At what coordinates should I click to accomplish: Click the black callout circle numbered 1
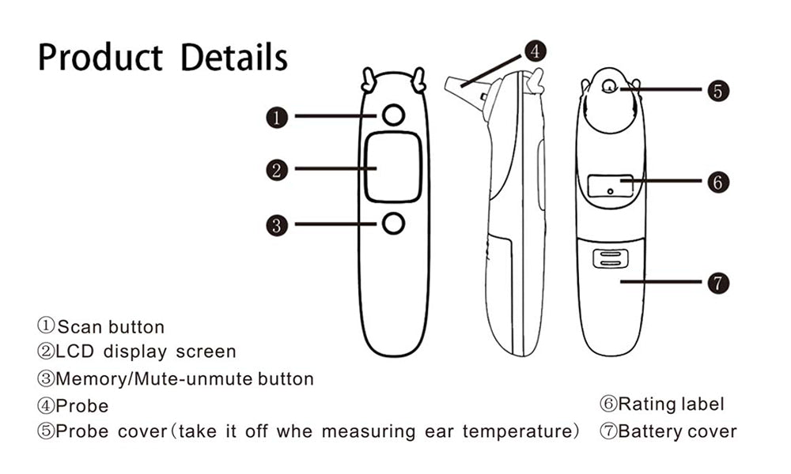click(x=277, y=118)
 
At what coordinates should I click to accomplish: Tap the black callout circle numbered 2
click(x=277, y=171)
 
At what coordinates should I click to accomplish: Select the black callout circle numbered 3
click(x=277, y=225)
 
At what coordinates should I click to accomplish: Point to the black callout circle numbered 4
click(x=536, y=51)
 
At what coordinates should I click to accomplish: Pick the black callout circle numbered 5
click(x=718, y=91)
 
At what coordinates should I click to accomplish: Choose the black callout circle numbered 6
click(x=718, y=182)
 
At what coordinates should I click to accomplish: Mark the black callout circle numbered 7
click(x=718, y=283)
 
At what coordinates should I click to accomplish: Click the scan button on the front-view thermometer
click(x=393, y=115)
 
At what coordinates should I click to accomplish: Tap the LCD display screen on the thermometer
click(x=393, y=167)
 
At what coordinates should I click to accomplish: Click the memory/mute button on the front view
click(x=393, y=223)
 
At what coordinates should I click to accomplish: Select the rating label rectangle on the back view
click(x=611, y=186)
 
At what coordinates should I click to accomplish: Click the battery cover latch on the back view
click(x=610, y=258)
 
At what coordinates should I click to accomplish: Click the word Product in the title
click(x=100, y=57)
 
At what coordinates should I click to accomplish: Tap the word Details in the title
click(x=234, y=57)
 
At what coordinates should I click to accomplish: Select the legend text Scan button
click(x=111, y=327)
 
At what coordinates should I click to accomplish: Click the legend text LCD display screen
click(x=146, y=352)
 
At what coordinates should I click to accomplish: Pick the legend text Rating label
click(x=672, y=404)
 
